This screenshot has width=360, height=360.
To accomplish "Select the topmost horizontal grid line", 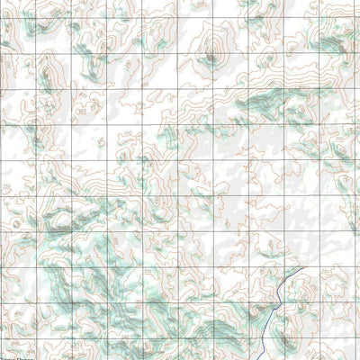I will click(180, 18).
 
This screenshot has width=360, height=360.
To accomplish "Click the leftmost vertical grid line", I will click(3, 180).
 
